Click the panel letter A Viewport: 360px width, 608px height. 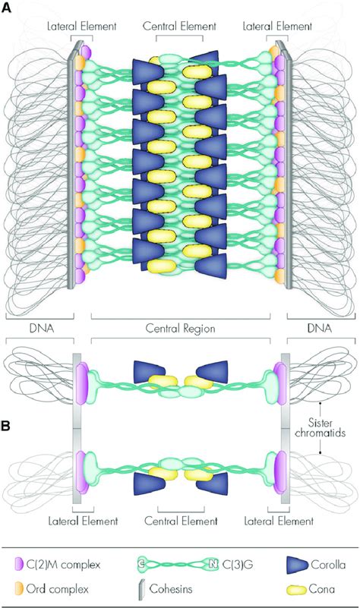pyautogui.click(x=7, y=8)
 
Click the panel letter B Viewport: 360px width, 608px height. pyautogui.click(x=6, y=426)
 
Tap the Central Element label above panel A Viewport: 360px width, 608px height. pyautogui.click(x=179, y=27)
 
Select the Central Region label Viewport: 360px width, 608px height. pyautogui.click(x=181, y=329)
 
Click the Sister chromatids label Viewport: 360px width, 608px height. pyautogui.click(x=320, y=427)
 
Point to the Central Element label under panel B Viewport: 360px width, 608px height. pyautogui.click(x=182, y=521)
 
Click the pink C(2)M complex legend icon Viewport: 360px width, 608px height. pyautogui.click(x=17, y=564)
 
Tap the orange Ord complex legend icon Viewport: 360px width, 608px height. pyautogui.click(x=18, y=588)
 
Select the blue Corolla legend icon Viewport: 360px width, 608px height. pyautogui.click(x=297, y=565)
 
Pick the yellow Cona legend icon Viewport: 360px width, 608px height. pyautogui.click(x=298, y=589)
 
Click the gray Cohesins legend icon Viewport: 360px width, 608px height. pyautogui.click(x=142, y=589)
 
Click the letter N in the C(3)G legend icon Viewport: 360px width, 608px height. pyautogui.click(x=213, y=564)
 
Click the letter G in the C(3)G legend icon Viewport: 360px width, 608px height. pyautogui.click(x=141, y=564)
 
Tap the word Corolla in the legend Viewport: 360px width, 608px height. pyautogui.click(x=328, y=565)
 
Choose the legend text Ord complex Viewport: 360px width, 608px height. pyautogui.click(x=58, y=589)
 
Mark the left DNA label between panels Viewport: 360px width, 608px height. pyautogui.click(x=42, y=329)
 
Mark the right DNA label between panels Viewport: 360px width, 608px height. pyautogui.click(x=321, y=329)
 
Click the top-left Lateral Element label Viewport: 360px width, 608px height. pyautogui.click(x=81, y=27)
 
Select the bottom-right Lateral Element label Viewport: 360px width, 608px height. pyautogui.click(x=279, y=521)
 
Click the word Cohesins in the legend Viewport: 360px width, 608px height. pyautogui.click(x=171, y=589)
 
